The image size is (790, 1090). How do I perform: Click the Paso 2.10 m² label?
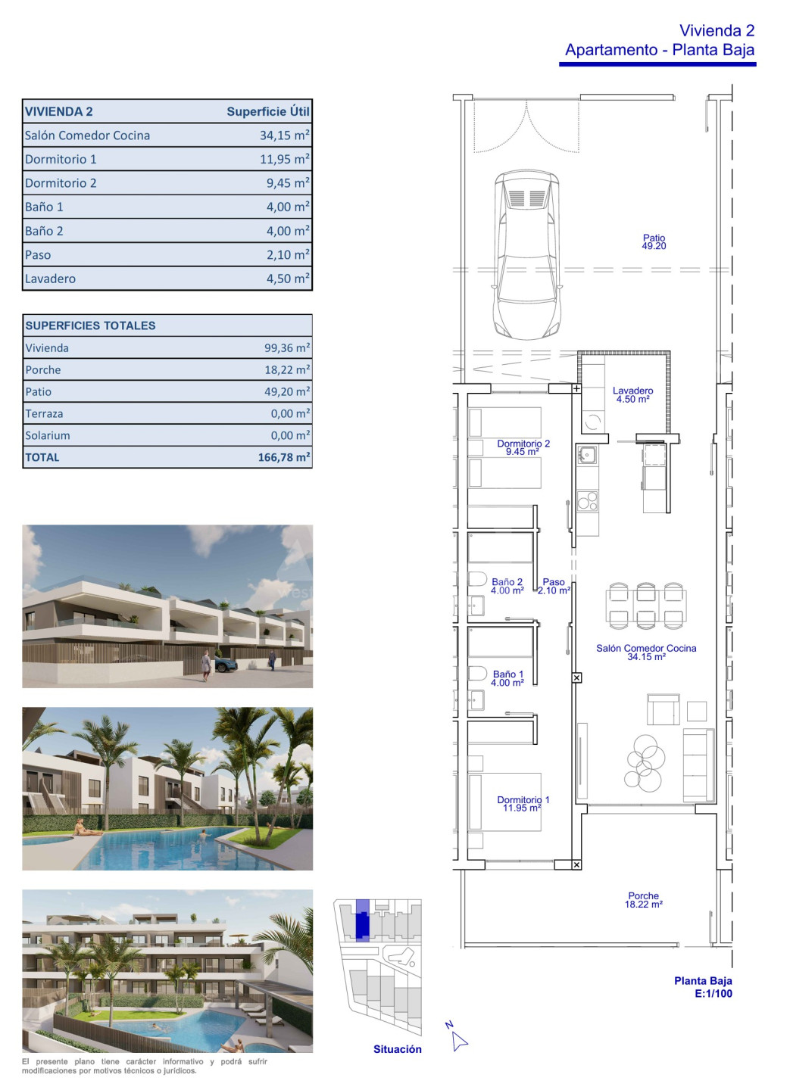point(554,586)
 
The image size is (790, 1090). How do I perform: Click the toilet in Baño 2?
point(477,579)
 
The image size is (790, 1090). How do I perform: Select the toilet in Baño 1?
point(477,674)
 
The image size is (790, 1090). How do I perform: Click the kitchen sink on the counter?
point(587,455)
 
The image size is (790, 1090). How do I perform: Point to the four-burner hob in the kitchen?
point(587,501)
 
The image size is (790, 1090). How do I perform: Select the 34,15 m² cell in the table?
point(285,135)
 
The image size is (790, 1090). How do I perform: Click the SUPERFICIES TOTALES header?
point(90,325)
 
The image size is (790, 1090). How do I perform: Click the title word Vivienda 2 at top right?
point(717,30)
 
